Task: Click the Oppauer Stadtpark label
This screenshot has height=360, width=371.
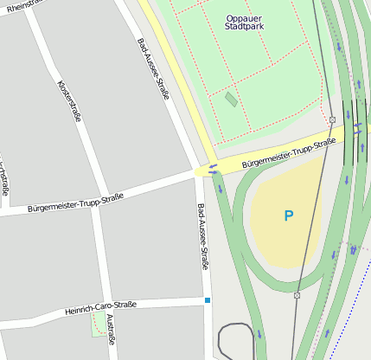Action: pyautogui.click(x=244, y=22)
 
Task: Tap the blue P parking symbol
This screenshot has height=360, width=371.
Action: pyautogui.click(x=289, y=215)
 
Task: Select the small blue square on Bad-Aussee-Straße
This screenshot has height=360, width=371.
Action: pyautogui.click(x=208, y=300)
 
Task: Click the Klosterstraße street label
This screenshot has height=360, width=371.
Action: pyautogui.click(x=68, y=101)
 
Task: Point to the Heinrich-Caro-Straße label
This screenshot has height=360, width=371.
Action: pyautogui.click(x=101, y=307)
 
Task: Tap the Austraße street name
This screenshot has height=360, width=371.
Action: pyautogui.click(x=110, y=330)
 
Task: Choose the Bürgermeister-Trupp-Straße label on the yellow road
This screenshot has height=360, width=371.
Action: pyautogui.click(x=288, y=152)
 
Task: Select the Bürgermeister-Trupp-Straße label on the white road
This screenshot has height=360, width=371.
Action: pyautogui.click(x=75, y=202)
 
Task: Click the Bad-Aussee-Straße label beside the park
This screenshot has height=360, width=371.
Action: pyautogui.click(x=152, y=68)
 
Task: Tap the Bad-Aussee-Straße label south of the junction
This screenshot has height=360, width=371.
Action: pyautogui.click(x=202, y=237)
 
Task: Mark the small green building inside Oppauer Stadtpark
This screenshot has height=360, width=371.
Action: pyautogui.click(x=231, y=100)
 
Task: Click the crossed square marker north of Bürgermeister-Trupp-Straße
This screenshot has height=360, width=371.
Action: pyautogui.click(x=332, y=119)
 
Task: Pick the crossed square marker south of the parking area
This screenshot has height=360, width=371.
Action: pyautogui.click(x=297, y=295)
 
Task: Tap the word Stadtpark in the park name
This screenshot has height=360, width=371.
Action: pyautogui.click(x=244, y=27)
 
